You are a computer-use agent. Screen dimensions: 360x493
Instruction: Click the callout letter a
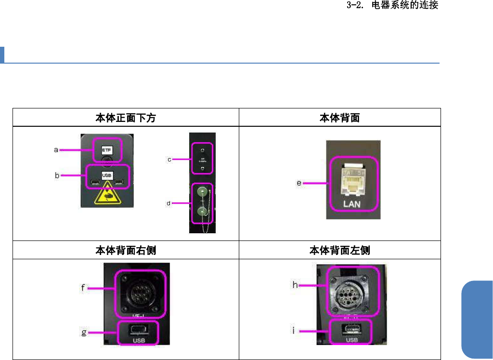55,150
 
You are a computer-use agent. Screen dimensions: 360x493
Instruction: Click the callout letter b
57,176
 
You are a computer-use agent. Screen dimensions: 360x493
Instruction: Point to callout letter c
169,159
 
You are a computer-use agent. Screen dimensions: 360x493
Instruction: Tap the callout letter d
169,203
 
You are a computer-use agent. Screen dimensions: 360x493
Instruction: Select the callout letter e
299,183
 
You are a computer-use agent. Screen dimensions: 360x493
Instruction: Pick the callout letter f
83,289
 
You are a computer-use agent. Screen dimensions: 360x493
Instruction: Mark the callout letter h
296,285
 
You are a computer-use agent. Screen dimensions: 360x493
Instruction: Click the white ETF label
107,150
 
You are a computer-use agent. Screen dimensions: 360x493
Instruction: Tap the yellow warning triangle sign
108,195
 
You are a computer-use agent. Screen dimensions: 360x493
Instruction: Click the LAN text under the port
354,204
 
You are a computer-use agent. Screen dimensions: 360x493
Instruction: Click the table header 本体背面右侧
125,250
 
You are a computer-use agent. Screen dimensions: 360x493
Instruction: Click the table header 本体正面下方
125,118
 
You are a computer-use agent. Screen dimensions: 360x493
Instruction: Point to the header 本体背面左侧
339,250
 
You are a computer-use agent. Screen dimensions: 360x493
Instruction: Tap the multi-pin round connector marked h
349,290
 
